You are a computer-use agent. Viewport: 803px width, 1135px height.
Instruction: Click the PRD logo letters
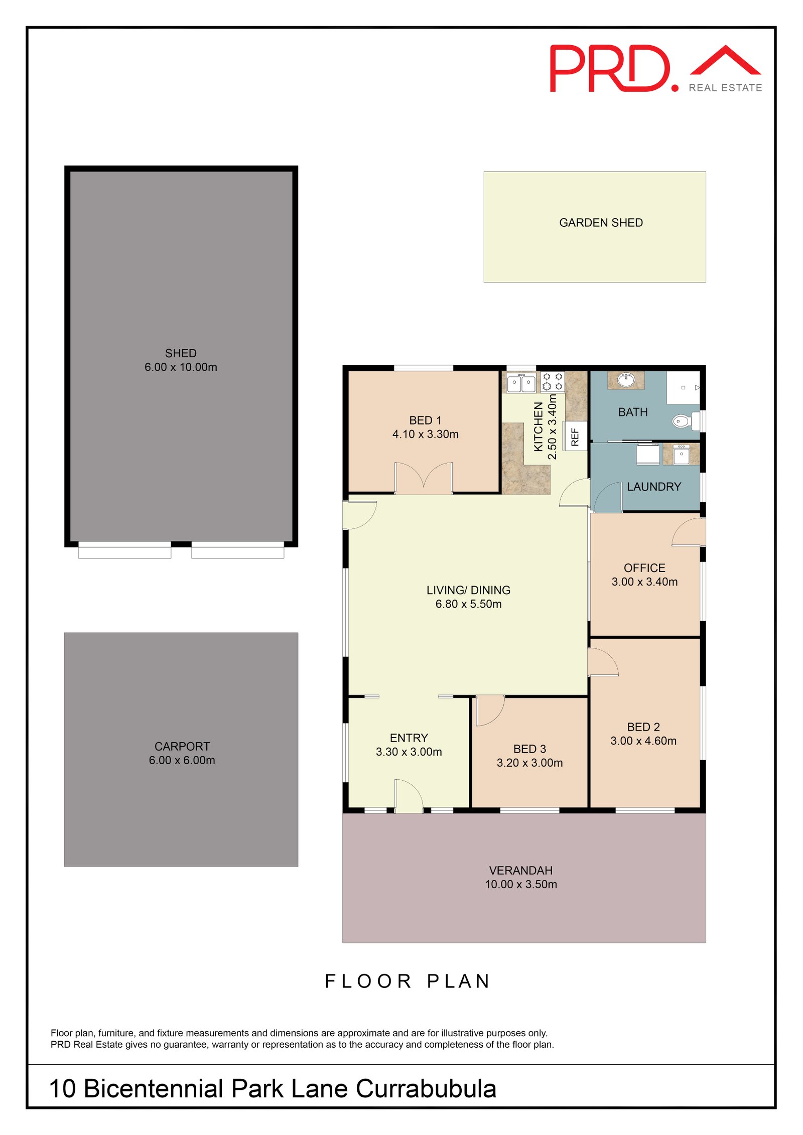pyautogui.click(x=610, y=68)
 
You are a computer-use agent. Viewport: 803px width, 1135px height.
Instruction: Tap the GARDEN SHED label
pyautogui.click(x=601, y=222)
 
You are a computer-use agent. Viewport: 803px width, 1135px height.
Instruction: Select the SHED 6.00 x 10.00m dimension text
pyautogui.click(x=181, y=367)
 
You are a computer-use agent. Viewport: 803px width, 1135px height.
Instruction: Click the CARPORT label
pyautogui.click(x=182, y=746)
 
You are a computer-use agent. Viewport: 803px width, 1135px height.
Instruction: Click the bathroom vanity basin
pyautogui.click(x=625, y=380)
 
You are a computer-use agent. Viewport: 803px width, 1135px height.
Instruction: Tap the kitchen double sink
pyautogui.click(x=521, y=383)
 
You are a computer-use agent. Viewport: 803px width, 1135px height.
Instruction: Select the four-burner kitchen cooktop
pyautogui.click(x=552, y=381)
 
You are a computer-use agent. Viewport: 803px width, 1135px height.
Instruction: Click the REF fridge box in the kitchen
pyautogui.click(x=575, y=436)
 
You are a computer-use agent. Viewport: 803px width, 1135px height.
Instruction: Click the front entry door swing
pyautogui.click(x=408, y=795)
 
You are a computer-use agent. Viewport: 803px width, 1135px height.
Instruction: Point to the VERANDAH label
pyautogui.click(x=520, y=870)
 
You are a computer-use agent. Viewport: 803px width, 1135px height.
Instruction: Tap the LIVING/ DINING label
pyautogui.click(x=468, y=590)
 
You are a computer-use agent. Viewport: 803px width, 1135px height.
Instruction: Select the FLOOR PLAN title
pyautogui.click(x=408, y=981)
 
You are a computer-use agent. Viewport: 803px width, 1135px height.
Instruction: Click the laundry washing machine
pyautogui.click(x=647, y=454)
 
